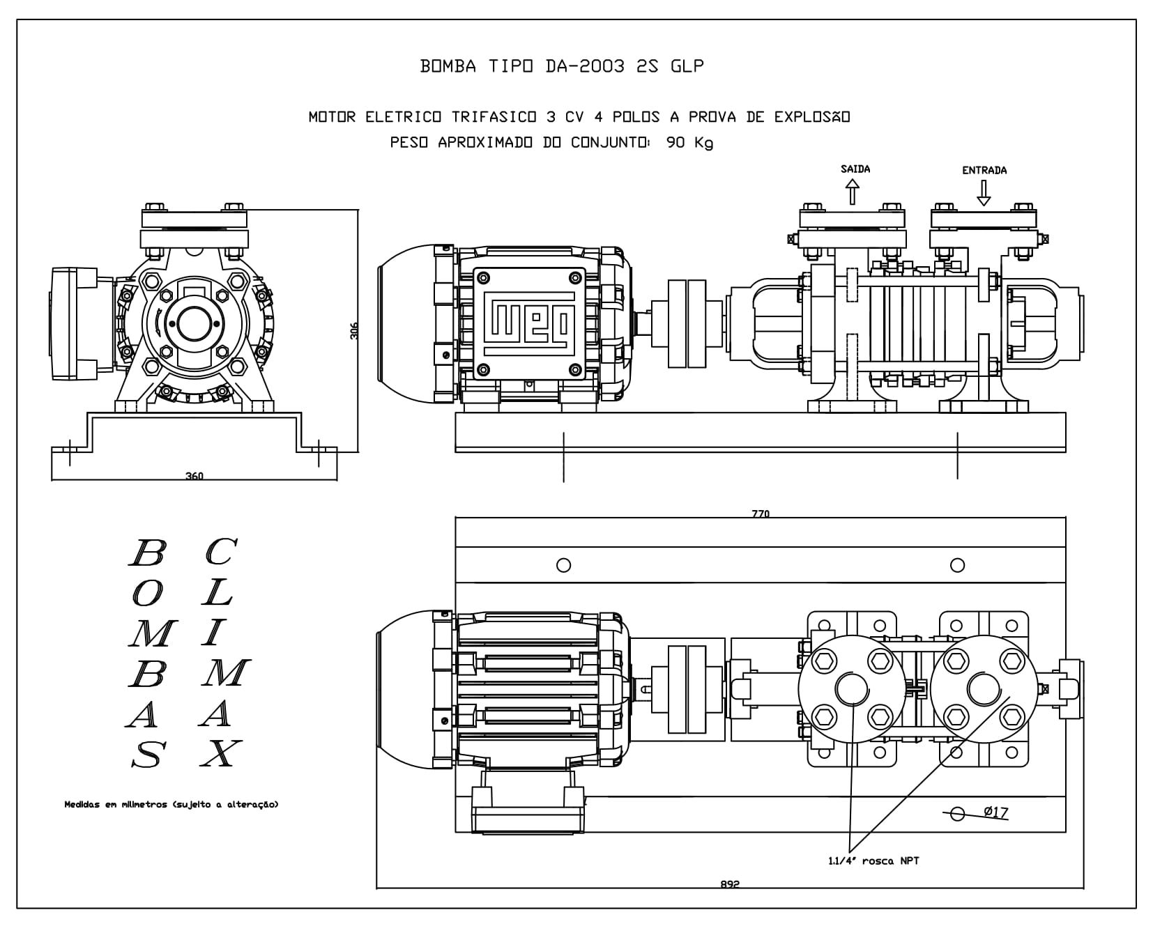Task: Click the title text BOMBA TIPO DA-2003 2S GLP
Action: click(562, 66)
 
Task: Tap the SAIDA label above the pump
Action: click(855, 169)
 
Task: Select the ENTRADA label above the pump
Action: click(984, 170)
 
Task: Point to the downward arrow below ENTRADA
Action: click(984, 193)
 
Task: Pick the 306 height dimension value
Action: click(353, 330)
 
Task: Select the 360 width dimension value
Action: click(194, 477)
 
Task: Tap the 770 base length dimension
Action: click(761, 514)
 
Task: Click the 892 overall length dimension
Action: click(730, 884)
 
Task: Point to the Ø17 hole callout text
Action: click(996, 812)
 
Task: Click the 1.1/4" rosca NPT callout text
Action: click(873, 861)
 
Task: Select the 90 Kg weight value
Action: click(689, 143)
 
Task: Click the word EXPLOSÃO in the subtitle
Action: click(812, 116)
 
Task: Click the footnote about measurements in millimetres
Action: click(171, 804)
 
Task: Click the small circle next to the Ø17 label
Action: click(957, 813)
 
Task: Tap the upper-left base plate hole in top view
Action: click(564, 565)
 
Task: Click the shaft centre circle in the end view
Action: click(190, 321)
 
